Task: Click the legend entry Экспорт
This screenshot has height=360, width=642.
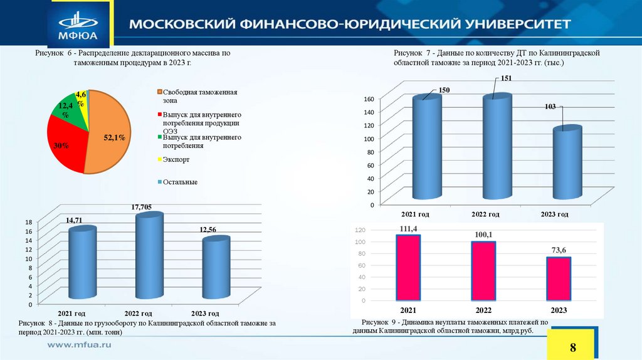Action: [176, 160]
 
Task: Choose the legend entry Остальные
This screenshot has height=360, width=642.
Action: [180, 182]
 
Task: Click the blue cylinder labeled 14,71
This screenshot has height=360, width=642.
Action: [82, 263]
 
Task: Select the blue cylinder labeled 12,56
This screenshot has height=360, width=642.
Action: [216, 268]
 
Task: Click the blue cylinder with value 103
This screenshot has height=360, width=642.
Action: [567, 163]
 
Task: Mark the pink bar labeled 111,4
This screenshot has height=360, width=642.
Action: [408, 268]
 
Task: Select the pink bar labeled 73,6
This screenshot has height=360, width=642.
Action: [559, 280]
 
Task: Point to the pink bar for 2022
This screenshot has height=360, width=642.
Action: [483, 271]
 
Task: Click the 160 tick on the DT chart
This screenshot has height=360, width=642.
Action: [369, 99]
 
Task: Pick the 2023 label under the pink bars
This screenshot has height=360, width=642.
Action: [559, 310]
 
